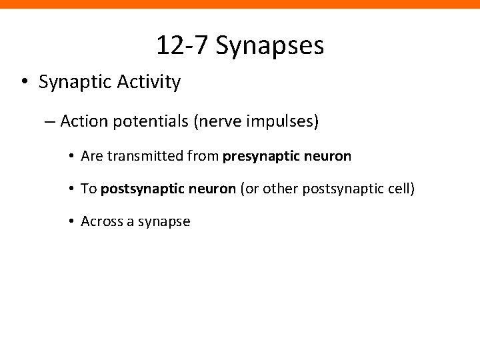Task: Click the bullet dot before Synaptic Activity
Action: (x=23, y=83)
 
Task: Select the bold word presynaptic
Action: (x=261, y=157)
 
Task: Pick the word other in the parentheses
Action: (x=282, y=189)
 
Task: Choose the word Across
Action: (x=100, y=221)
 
